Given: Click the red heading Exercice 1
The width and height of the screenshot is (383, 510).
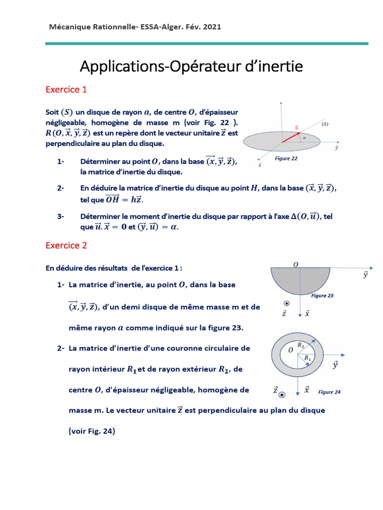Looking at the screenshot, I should pyautogui.click(x=66, y=90).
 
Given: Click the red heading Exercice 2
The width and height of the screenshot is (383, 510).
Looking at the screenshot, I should pyautogui.click(x=66, y=245).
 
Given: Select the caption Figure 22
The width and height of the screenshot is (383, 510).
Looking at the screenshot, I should pyautogui.click(x=286, y=158).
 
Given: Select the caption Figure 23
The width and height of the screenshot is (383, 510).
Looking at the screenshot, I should pyautogui.click(x=322, y=296).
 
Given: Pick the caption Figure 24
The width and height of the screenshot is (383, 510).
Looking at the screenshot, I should pyautogui.click(x=329, y=392).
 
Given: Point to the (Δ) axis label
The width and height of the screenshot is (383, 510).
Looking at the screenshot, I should pyautogui.click(x=325, y=123).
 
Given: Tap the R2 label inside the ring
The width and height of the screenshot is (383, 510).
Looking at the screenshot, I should pyautogui.click(x=300, y=345).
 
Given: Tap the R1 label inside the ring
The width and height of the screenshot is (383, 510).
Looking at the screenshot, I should pyautogui.click(x=307, y=358).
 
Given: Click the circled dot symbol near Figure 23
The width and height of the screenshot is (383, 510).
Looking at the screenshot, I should pyautogui.click(x=286, y=304).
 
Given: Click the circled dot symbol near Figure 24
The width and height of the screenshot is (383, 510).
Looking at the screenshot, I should pyautogui.click(x=282, y=394).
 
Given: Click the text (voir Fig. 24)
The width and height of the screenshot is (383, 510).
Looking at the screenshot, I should pyautogui.click(x=92, y=431).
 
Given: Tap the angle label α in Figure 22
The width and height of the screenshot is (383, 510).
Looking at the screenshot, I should pyautogui.click(x=304, y=138).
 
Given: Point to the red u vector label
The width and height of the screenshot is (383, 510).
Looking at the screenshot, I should pyautogui.click(x=297, y=127).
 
